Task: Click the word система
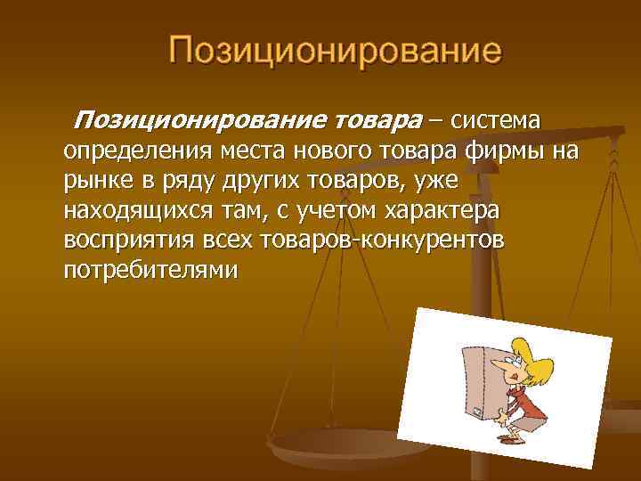pyautogui.click(x=497, y=119)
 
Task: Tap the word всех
pyautogui.click(x=222, y=241)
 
